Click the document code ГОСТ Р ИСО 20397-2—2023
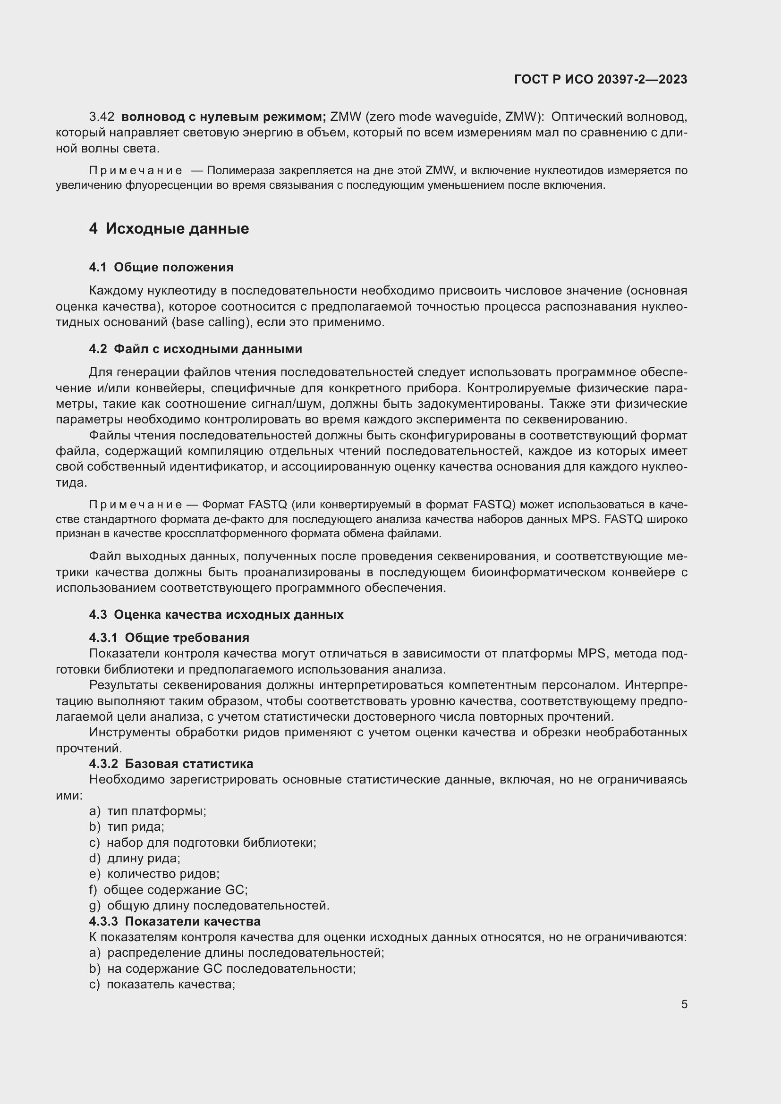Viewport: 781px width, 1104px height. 600,79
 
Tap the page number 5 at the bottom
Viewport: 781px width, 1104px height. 684,1004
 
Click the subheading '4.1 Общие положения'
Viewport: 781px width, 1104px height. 161,267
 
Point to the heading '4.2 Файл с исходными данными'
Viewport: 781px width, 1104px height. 195,349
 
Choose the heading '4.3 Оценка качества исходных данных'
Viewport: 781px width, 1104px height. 216,615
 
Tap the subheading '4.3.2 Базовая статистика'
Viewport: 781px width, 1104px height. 171,764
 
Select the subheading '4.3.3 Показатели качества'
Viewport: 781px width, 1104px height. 175,921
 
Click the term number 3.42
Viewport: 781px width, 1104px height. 102,117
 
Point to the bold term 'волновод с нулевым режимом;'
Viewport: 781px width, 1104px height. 224,117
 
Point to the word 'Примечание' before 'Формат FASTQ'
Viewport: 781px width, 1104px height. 136,505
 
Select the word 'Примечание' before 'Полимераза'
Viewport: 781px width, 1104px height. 136,171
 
